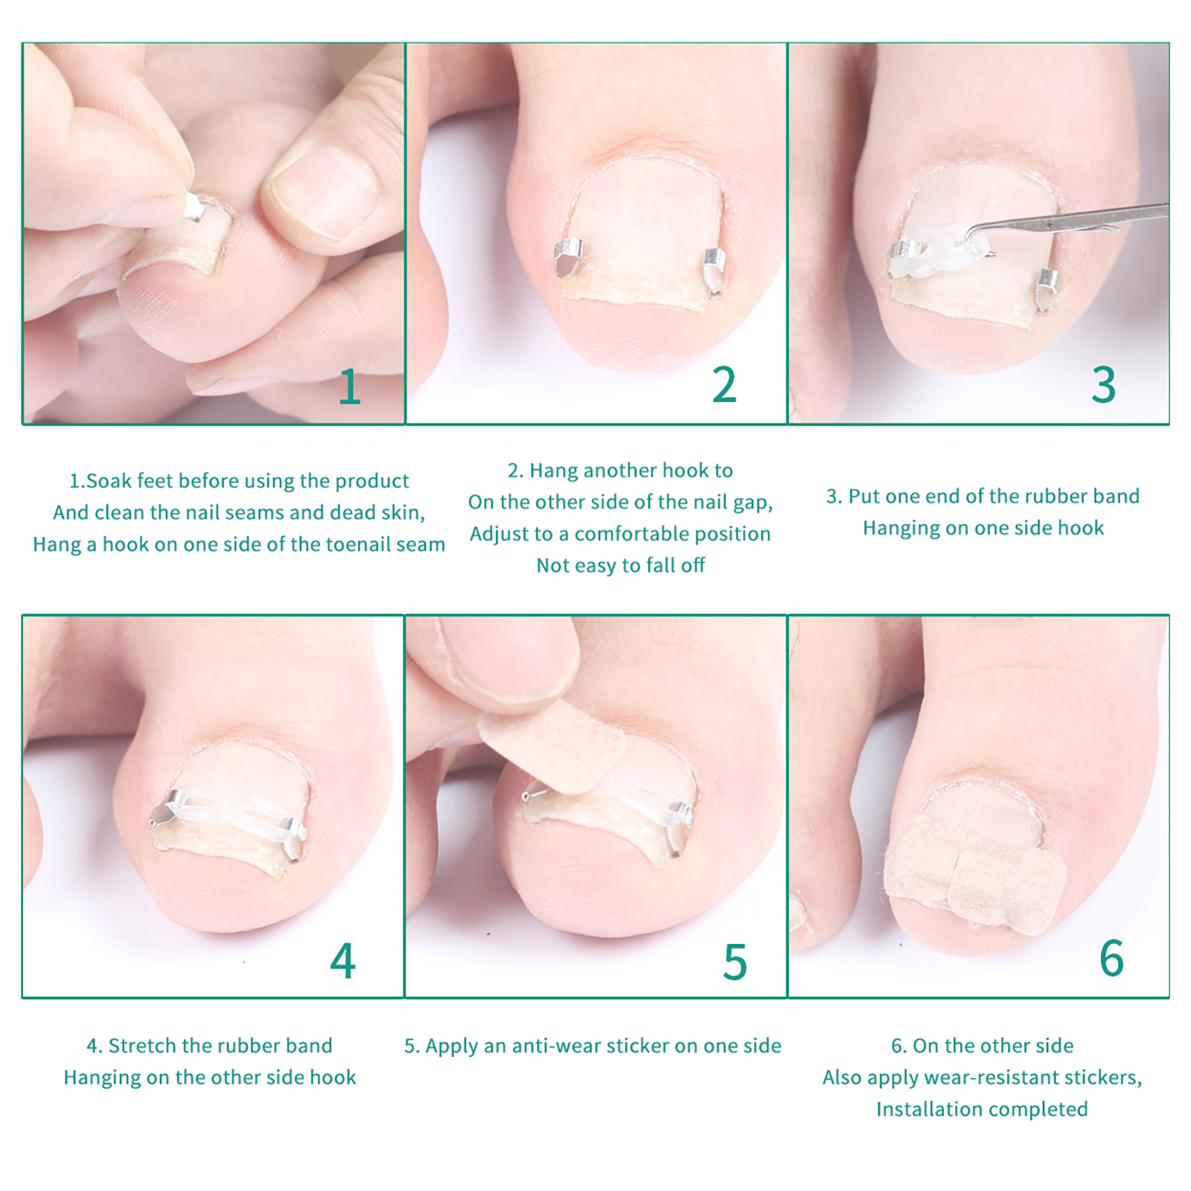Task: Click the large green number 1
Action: (350, 387)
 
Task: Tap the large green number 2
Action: (724, 385)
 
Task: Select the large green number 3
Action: (1104, 385)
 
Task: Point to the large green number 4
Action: (343, 960)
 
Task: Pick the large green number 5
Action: (735, 962)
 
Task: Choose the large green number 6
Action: (1111, 958)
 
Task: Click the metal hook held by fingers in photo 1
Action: (195, 208)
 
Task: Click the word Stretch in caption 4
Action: (139, 1045)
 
